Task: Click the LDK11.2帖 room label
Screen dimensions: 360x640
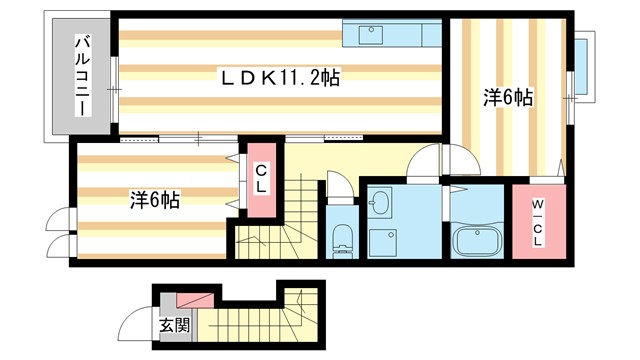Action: coord(280,77)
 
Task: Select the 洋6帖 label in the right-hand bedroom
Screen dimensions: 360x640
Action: coord(509,98)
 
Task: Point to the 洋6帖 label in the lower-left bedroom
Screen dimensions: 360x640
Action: coord(154,199)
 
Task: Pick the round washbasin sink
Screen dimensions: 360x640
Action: coord(379,204)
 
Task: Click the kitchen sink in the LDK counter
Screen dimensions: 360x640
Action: coord(373,32)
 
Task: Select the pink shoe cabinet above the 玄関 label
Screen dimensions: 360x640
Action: coord(196,301)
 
